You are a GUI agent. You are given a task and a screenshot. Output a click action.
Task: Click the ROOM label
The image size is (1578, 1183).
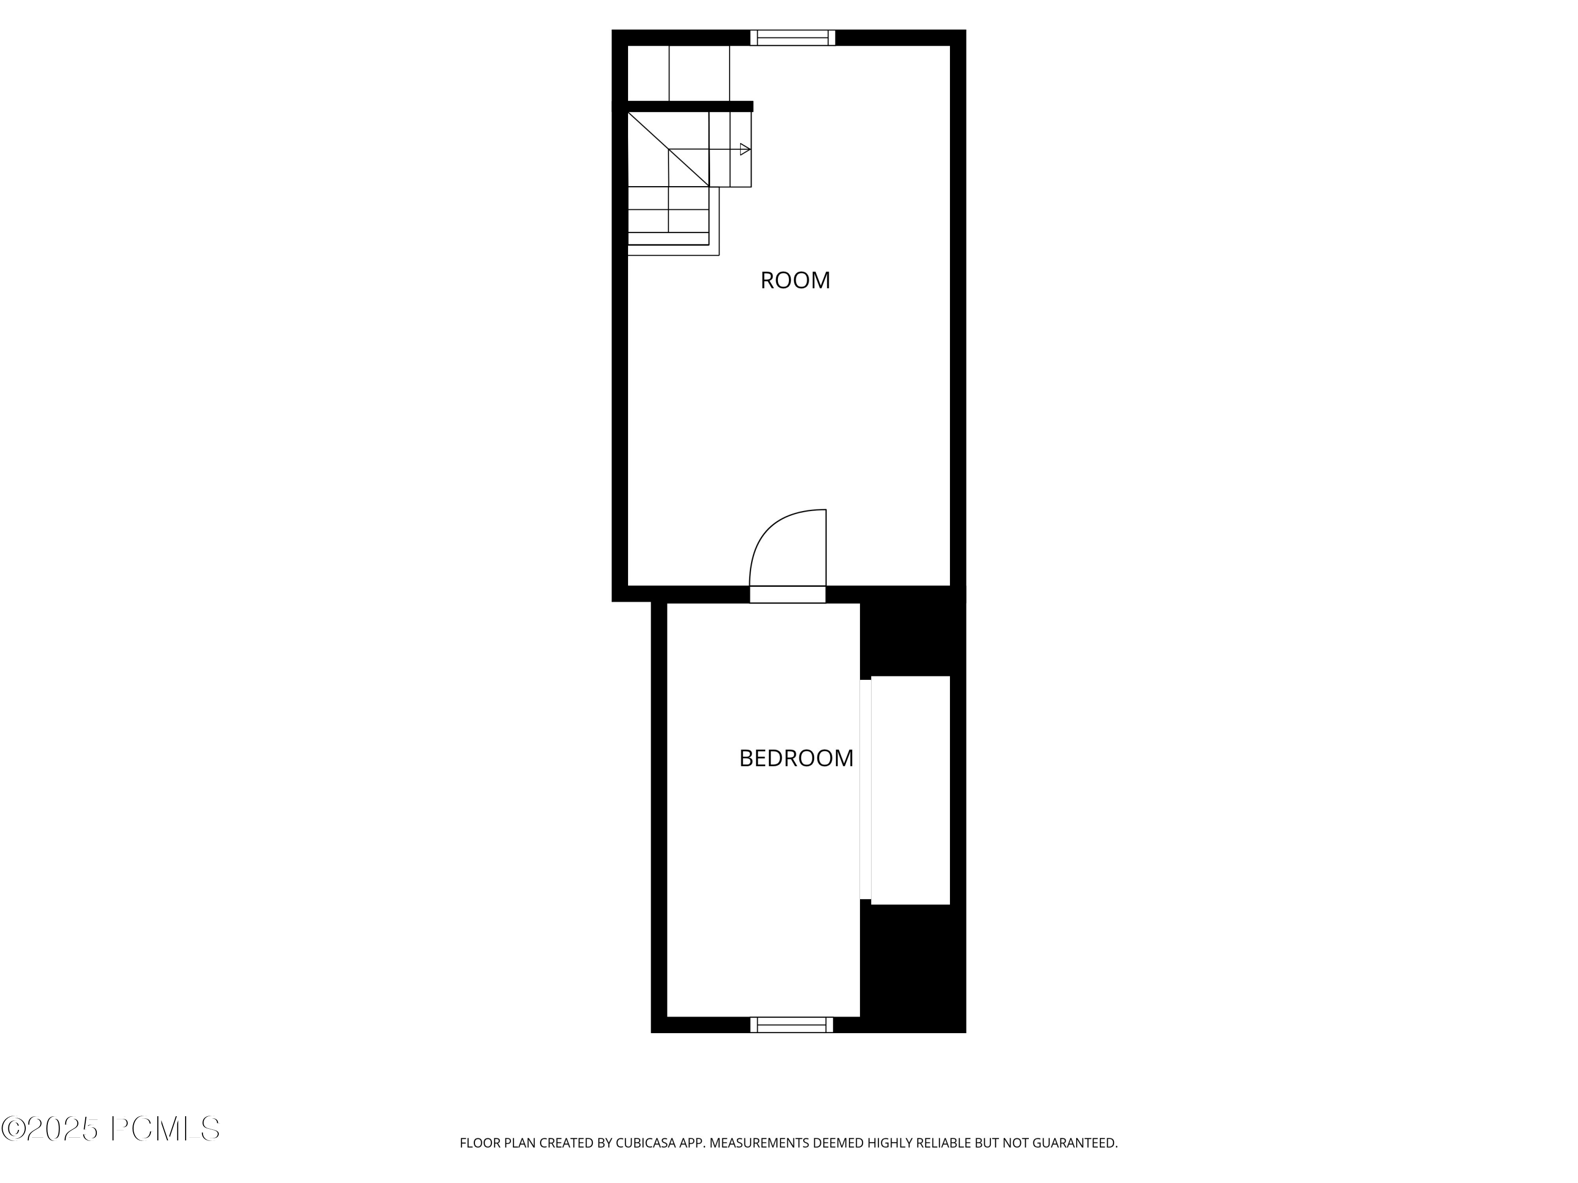coord(795,280)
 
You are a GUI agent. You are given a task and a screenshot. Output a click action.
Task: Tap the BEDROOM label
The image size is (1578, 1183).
coord(795,758)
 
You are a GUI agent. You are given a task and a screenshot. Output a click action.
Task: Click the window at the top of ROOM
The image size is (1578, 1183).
coord(792,38)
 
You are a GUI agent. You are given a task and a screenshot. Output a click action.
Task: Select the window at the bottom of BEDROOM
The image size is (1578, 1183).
coord(791,1025)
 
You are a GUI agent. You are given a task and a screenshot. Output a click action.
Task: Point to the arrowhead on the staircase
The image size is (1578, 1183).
coord(745,149)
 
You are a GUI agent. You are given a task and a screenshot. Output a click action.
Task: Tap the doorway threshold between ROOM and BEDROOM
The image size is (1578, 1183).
coord(787,594)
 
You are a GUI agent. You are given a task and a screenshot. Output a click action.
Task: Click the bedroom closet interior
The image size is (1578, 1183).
coord(911,790)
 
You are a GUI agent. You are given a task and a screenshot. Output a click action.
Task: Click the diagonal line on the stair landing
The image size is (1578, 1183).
coord(667,149)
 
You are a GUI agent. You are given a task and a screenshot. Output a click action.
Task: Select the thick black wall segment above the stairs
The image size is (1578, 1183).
coord(689,106)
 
